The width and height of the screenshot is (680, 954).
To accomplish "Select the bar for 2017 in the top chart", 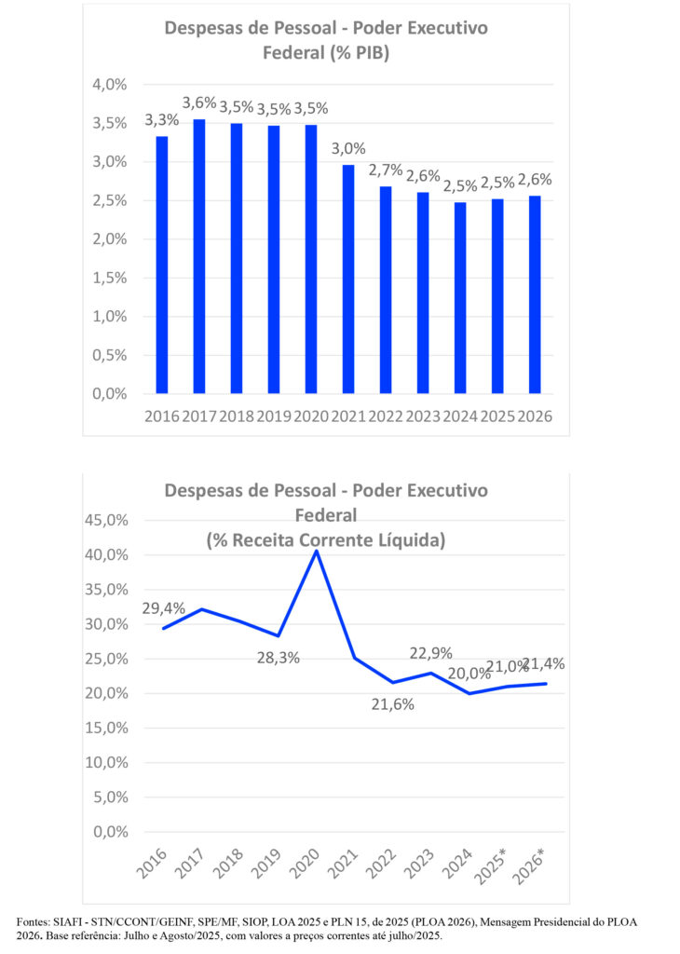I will coord(199,256).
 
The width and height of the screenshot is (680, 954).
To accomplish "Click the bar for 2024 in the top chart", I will coord(460,298).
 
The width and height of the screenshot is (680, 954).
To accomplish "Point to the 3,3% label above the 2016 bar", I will coord(162,120).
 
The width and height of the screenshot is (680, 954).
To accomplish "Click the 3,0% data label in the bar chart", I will coord(348,148).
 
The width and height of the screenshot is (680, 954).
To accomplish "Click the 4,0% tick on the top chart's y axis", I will coord(110,85).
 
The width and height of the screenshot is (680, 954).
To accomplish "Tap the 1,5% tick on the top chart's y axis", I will coord(110,278).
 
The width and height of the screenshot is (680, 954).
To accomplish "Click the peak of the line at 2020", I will coord(316,551).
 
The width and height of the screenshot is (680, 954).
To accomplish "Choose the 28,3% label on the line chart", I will coord(279,658).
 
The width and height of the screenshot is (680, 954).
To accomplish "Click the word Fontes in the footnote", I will coord(35,922).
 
